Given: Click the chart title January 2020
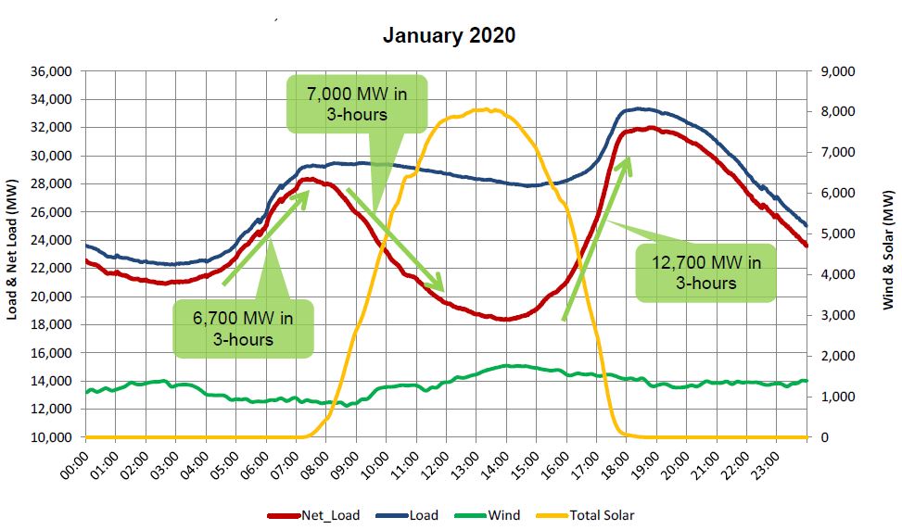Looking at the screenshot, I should [450, 36].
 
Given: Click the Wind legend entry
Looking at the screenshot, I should [491, 515].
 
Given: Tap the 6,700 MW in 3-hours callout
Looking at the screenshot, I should [243, 328].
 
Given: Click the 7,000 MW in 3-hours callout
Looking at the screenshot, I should [356, 104].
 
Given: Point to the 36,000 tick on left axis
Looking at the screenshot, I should [52, 71].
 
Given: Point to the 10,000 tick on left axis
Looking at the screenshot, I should [52, 437].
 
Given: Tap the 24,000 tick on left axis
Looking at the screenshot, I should [52, 240].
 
